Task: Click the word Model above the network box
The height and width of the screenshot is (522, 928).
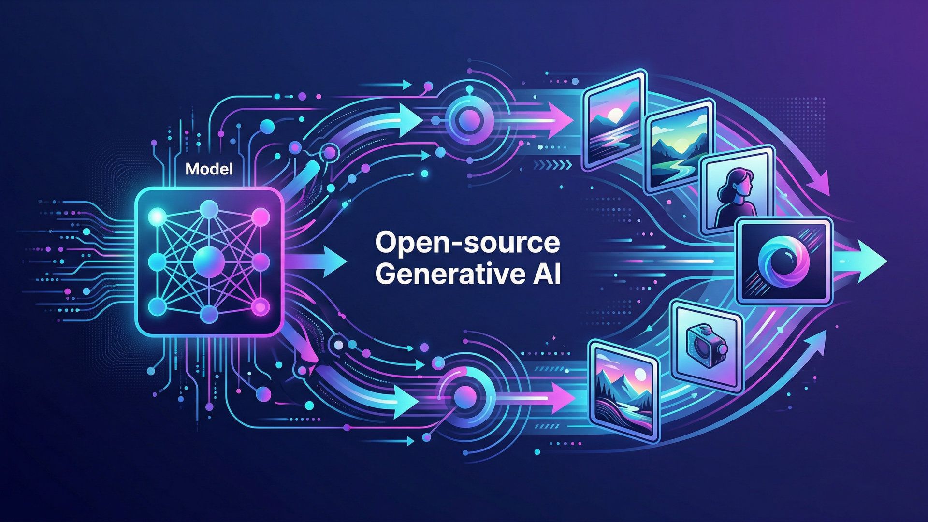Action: pyautogui.click(x=209, y=169)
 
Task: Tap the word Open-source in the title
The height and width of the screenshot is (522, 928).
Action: pyautogui.click(x=467, y=243)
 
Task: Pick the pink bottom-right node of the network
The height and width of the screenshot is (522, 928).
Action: pyautogui.click(x=261, y=306)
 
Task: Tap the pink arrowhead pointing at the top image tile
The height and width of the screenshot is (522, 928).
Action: pyautogui.click(x=562, y=119)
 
